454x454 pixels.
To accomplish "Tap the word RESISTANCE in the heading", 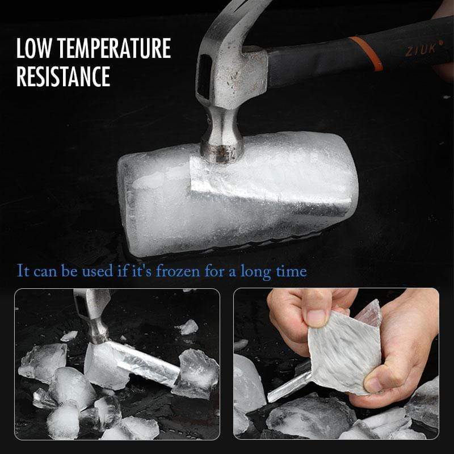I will pos(63,77).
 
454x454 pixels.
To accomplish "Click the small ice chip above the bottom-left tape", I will pos(187,326).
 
